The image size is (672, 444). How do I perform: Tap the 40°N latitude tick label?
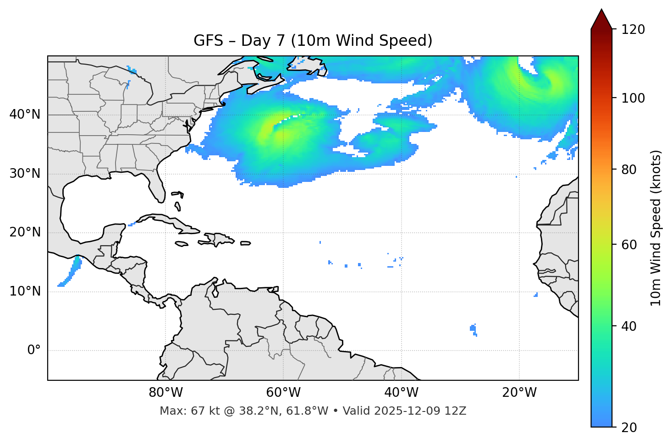[x=25, y=115]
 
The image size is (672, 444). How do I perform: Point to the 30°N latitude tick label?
[x=25, y=174]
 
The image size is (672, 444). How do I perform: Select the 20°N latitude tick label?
[x=25, y=232]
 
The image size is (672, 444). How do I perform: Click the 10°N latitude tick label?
[x=25, y=291]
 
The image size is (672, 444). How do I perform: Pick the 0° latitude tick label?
[x=33, y=351]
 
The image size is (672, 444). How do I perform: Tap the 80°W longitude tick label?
[x=165, y=393]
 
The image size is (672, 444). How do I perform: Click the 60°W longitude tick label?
[x=283, y=393]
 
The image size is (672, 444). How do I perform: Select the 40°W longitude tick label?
[x=401, y=393]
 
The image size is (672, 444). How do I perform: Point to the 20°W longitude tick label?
[x=519, y=393]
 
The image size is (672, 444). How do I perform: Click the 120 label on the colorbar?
[x=633, y=30]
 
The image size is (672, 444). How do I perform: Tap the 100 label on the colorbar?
[x=633, y=98]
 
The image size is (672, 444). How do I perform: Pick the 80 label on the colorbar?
[x=630, y=170]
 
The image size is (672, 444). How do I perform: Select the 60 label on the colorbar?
[x=630, y=245]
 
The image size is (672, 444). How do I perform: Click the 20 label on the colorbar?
[x=630, y=428]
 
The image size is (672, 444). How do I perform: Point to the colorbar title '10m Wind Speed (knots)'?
[x=656, y=228]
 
